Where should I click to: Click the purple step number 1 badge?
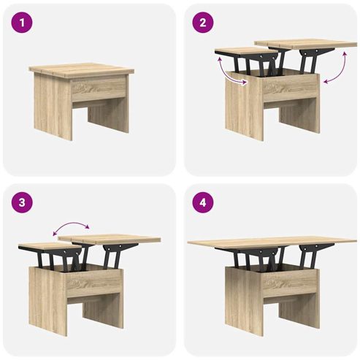[x=22, y=23]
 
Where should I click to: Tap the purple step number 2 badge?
[x=203, y=23]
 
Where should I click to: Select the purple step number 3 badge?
[x=22, y=202]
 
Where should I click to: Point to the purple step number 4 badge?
[x=203, y=202]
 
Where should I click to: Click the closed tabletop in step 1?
[x=82, y=70]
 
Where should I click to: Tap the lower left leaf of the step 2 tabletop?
[x=246, y=52]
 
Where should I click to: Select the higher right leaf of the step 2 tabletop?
[x=305, y=44]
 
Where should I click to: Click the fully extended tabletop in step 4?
[x=272, y=242]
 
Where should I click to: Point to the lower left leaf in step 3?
[x=50, y=246]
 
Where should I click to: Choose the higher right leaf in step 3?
[x=109, y=239]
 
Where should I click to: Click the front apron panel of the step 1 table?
[x=99, y=88]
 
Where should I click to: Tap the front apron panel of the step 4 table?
[x=290, y=283]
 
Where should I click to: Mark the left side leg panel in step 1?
[x=53, y=107]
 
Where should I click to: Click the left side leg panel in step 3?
[x=48, y=302]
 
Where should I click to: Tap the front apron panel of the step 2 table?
[x=290, y=88]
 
